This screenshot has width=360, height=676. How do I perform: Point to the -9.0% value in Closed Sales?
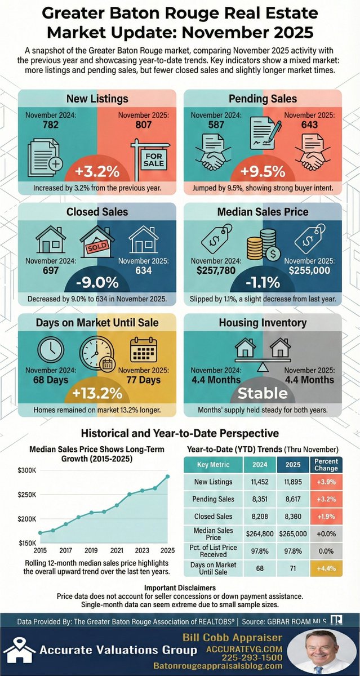pyautogui.click(x=96, y=281)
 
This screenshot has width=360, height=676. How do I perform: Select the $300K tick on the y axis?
pyautogui.click(x=28, y=470)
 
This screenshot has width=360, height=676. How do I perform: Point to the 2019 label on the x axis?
pyautogui.click(x=90, y=550)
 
